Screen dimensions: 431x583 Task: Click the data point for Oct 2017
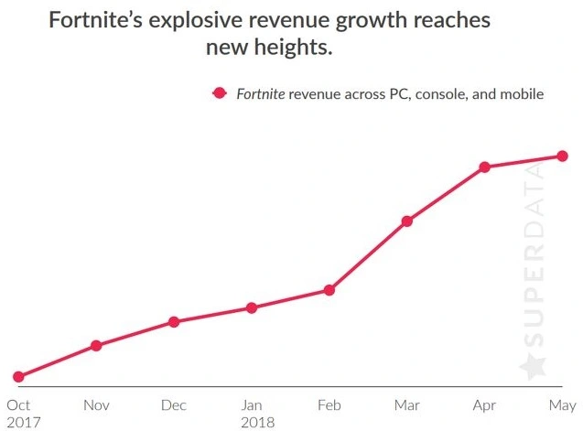pyautogui.click(x=18, y=376)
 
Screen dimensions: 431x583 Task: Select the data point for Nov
pyautogui.click(x=96, y=345)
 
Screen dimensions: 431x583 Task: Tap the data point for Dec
pyautogui.click(x=174, y=322)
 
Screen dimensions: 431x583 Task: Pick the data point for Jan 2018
pyautogui.click(x=252, y=307)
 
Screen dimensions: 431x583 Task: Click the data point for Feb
pyautogui.click(x=329, y=290)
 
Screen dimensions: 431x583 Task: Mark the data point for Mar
pyautogui.click(x=406, y=221)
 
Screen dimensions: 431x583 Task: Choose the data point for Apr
pyautogui.click(x=484, y=167)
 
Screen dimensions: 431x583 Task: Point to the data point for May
pyautogui.click(x=562, y=156)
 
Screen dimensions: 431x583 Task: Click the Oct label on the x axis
pyautogui.click(x=18, y=404)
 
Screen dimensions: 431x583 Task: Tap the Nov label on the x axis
pyautogui.click(x=96, y=404)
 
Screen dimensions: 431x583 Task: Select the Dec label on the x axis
pyautogui.click(x=174, y=404)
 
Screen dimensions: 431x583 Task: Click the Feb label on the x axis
pyautogui.click(x=329, y=404)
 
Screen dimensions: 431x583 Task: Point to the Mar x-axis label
pyautogui.click(x=406, y=404)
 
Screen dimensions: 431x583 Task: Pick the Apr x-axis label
pyautogui.click(x=484, y=404)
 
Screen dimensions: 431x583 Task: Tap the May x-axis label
pyautogui.click(x=562, y=404)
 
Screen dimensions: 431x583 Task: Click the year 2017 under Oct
pyautogui.click(x=22, y=422)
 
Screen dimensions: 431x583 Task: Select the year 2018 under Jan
pyautogui.click(x=255, y=422)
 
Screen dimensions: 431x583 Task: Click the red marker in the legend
pyautogui.click(x=219, y=93)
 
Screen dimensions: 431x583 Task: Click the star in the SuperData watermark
pyautogui.click(x=532, y=367)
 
